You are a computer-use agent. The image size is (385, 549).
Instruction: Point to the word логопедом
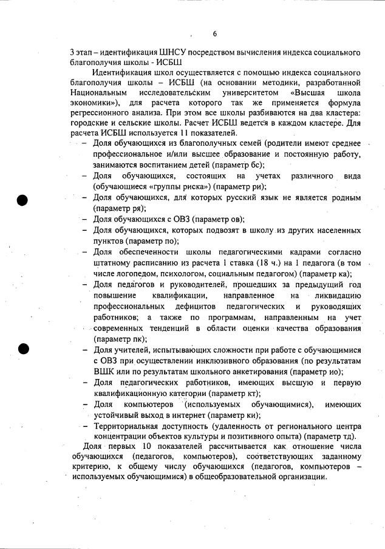[x=135, y=274]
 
